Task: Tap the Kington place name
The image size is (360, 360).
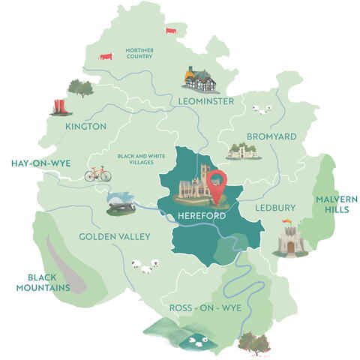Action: pyautogui.click(x=85, y=127)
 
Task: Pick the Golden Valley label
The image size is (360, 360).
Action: pyautogui.click(x=115, y=236)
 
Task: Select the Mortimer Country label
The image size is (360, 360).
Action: pyautogui.click(x=139, y=52)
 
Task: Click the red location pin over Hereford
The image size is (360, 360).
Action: pyautogui.click(x=217, y=185)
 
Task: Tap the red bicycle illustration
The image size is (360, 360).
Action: pyautogui.click(x=97, y=174)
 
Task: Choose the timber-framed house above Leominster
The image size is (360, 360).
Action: pyautogui.click(x=199, y=77)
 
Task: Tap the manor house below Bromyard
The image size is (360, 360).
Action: pyautogui.click(x=242, y=151)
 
